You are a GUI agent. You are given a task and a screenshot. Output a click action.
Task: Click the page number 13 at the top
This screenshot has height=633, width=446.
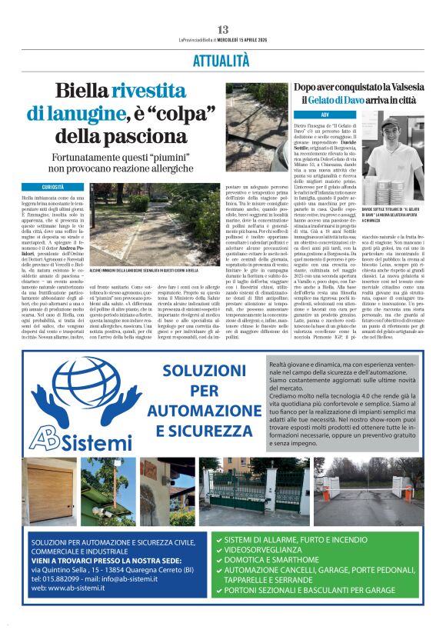click(223, 29)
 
